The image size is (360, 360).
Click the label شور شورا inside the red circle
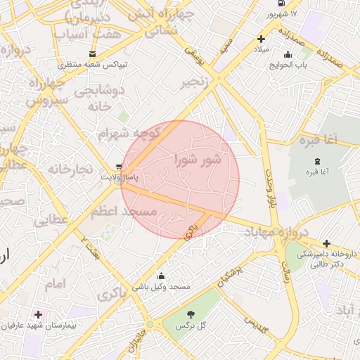pos(198,160)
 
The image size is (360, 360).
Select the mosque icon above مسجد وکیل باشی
pos(162,276)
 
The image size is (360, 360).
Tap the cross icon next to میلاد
pos(262,39)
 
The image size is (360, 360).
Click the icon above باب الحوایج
pos(287,55)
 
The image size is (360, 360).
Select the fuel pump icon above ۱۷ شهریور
pos(282,4)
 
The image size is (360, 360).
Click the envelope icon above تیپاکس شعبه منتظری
pos(93,54)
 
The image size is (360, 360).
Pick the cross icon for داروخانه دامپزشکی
pos(326,243)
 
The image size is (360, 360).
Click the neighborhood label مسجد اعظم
pos(124,211)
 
